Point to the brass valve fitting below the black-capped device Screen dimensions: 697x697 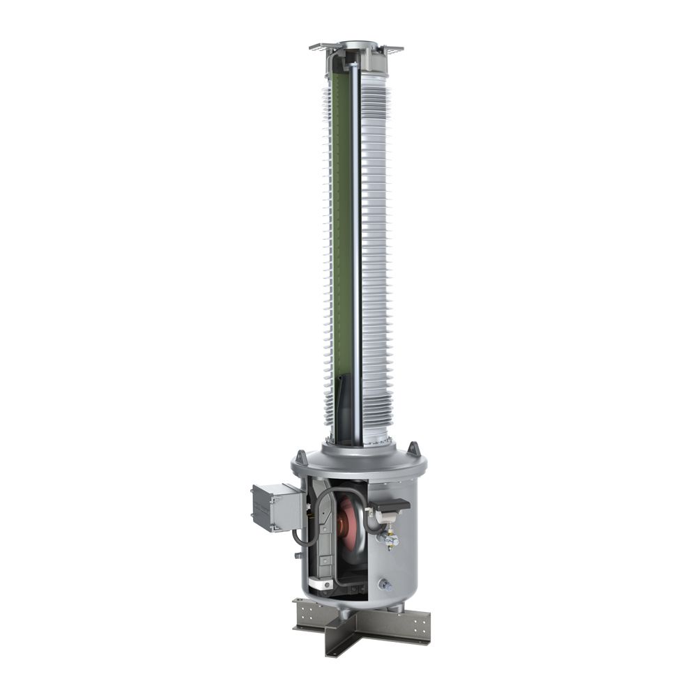click(392, 539)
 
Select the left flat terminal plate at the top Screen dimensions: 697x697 click(322, 48)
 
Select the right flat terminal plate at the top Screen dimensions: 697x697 click(392, 49)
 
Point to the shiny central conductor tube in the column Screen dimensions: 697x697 click(358, 244)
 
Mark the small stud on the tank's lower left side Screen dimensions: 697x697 click(298, 555)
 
